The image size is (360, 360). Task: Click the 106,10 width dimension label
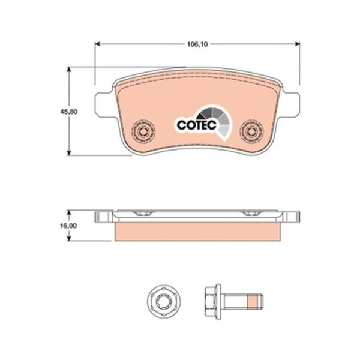[x=197, y=44]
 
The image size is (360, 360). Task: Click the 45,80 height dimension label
[x=68, y=112]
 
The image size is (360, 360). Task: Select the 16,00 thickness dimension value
[x=68, y=226]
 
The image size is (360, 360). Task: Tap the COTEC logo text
[x=197, y=125]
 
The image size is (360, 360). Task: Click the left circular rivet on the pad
[x=143, y=131]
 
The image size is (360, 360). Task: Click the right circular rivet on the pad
[x=251, y=131]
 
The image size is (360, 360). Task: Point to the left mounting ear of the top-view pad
[x=104, y=104]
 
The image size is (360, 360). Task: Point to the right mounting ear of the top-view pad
[x=290, y=104]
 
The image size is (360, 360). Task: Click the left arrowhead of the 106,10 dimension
[x=98, y=44]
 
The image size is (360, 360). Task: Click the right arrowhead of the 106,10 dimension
[x=298, y=44]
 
